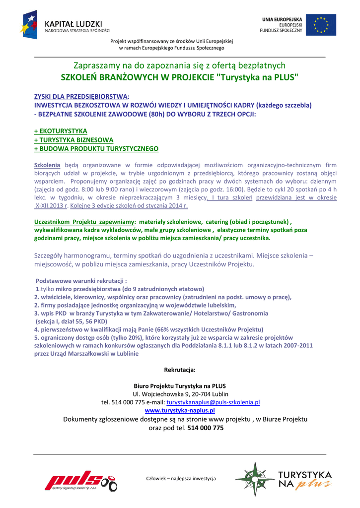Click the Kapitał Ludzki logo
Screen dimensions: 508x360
coord(65,24)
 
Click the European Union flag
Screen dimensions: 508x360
coord(320,24)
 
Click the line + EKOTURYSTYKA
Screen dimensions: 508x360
coord(61,131)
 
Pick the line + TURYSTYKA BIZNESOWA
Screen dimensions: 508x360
coord(73,140)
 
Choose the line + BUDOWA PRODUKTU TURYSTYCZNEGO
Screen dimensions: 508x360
coord(96,149)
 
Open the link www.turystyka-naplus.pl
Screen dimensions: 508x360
coord(180,411)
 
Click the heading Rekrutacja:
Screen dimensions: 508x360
coord(180,370)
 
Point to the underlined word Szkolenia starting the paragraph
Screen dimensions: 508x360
coord(47,165)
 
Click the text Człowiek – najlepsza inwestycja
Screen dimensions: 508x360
coord(181,478)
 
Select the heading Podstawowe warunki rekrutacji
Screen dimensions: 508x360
coord(81,281)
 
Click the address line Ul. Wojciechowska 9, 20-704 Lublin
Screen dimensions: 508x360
coord(180,394)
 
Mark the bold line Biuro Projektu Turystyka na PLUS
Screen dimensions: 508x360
coord(180,385)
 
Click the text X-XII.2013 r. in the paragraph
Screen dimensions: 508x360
coord(51,205)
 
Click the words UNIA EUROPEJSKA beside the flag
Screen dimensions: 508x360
coord(282,19)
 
